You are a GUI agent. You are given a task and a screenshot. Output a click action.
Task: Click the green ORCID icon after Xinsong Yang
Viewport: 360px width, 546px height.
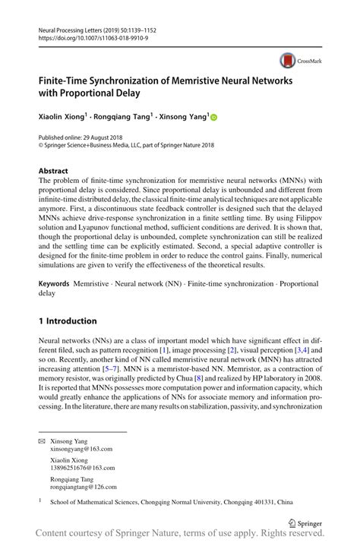click(214, 117)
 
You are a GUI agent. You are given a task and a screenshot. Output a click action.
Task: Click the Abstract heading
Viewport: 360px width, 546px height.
click(53, 171)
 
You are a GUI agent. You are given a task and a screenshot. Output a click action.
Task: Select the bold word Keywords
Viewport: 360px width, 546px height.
click(54, 282)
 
